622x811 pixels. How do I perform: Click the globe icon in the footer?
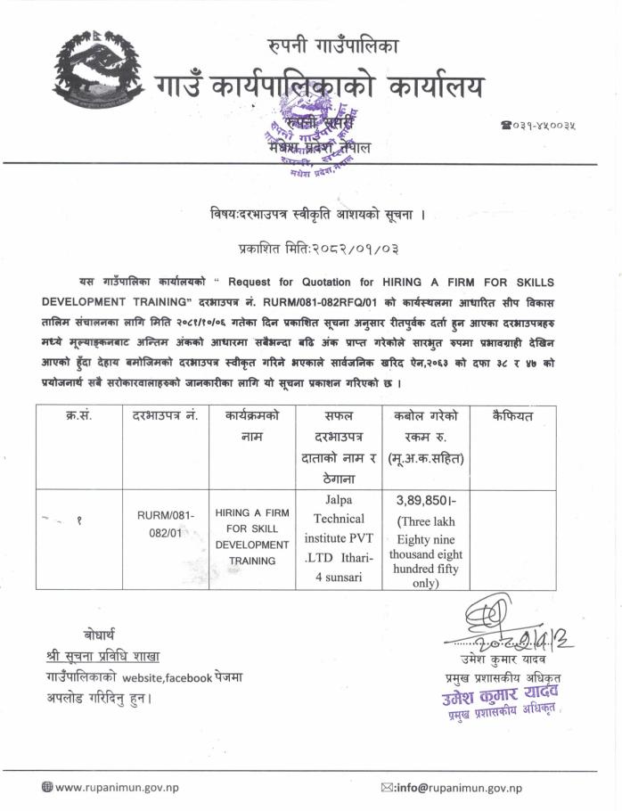tap(47, 787)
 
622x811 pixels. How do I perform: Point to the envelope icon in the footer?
tap(387, 787)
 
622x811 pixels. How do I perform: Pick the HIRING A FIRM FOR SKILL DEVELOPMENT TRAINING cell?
tap(252, 537)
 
